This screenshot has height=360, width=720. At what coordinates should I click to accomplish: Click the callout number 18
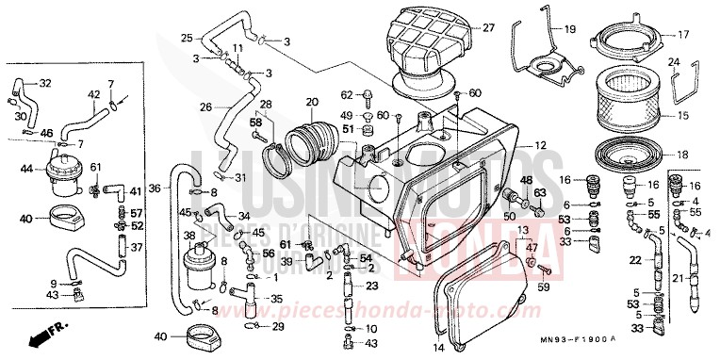tap(682, 155)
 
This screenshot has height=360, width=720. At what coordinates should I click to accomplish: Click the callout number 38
tap(188, 236)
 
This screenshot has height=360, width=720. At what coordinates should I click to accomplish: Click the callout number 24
tap(673, 62)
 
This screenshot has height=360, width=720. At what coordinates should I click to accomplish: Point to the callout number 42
tap(94, 95)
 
